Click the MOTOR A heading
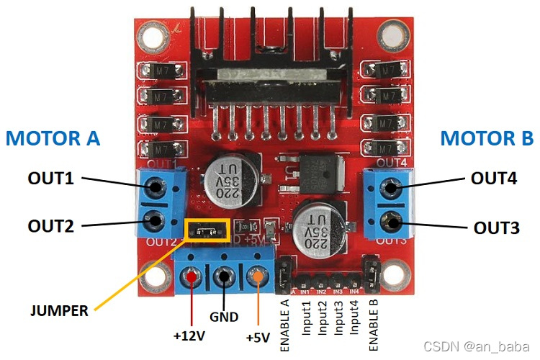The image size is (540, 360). pyautogui.click(x=53, y=138)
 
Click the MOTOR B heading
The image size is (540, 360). pyautogui.click(x=487, y=138)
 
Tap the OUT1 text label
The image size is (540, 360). pyautogui.click(x=51, y=178)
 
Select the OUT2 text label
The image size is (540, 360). pyautogui.click(x=51, y=225)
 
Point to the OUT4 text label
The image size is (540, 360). pyautogui.click(x=494, y=178)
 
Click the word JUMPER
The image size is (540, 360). pyautogui.click(x=59, y=311)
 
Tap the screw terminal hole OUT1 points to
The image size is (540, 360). pyautogui.click(x=153, y=189)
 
